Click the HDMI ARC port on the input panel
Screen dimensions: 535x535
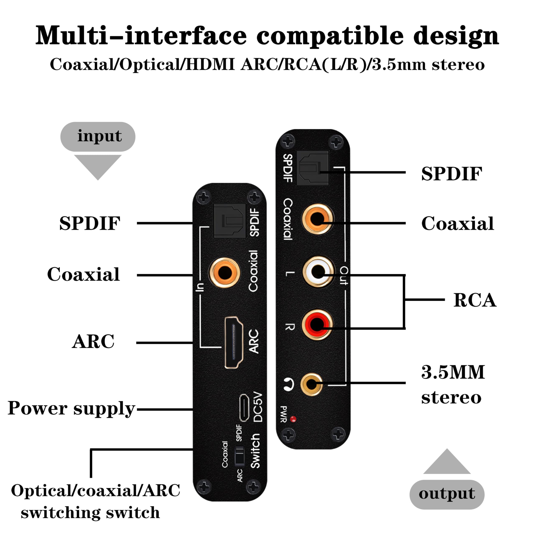point(234,342)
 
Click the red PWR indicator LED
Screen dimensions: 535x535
point(293,419)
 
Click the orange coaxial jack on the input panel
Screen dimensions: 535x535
point(225,273)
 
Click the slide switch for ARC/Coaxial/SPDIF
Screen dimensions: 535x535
point(239,455)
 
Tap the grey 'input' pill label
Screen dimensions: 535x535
point(98,136)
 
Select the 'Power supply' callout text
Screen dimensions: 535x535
point(71,408)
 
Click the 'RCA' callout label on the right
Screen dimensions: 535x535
point(475,300)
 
